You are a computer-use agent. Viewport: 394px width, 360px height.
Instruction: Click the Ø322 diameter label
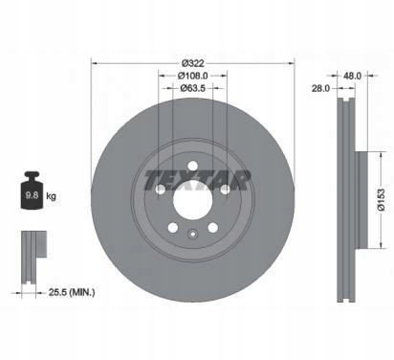coord(192,63)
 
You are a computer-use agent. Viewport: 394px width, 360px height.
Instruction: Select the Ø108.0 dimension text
coord(192,76)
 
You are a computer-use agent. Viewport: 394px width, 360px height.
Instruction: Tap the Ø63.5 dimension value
coord(192,88)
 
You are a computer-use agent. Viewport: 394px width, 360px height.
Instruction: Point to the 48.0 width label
coord(352,76)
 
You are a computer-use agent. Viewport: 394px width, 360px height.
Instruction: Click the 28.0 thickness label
coord(320,88)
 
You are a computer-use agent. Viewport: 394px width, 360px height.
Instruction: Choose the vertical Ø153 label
coord(382,200)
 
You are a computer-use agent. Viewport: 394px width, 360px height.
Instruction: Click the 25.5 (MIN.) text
coord(72,292)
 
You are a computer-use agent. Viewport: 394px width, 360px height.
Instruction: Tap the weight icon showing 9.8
coord(32,191)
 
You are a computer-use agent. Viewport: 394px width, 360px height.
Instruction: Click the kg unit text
coord(51,195)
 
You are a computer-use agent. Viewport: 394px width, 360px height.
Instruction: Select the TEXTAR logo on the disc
coord(197,180)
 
